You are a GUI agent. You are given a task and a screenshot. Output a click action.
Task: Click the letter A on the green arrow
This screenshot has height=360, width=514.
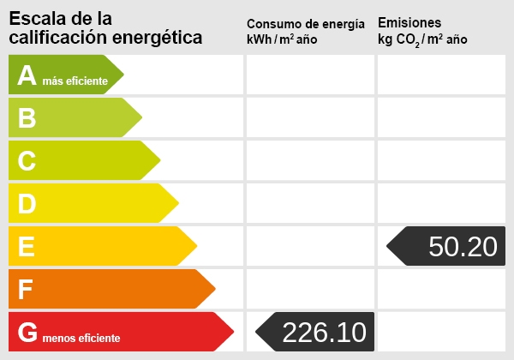(x=27, y=75)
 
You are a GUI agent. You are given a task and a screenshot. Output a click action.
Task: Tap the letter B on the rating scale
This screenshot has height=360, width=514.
(x=27, y=118)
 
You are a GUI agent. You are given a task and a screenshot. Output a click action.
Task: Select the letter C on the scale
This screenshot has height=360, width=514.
(x=27, y=161)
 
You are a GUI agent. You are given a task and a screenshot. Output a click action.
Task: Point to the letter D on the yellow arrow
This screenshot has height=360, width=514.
(x=27, y=204)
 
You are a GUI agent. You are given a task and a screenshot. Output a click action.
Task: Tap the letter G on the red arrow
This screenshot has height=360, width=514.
(x=27, y=332)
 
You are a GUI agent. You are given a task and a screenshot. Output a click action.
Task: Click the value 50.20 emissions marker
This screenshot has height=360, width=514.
(x=463, y=247)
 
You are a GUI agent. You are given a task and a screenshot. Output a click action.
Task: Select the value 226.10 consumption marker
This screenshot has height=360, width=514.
(x=324, y=332)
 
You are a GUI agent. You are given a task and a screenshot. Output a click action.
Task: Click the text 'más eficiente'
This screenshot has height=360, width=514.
(x=75, y=81)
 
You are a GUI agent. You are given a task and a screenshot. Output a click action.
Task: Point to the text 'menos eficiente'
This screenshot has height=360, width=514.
(x=81, y=338)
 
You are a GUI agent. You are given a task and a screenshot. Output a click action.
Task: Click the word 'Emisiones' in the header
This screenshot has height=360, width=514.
(x=409, y=23)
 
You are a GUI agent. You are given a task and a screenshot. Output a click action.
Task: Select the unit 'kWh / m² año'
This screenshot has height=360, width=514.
(x=282, y=40)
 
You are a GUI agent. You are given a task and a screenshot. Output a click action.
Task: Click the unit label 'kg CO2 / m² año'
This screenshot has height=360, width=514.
(x=422, y=40)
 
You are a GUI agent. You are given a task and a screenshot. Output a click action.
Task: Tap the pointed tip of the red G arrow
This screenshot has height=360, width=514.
(x=232, y=332)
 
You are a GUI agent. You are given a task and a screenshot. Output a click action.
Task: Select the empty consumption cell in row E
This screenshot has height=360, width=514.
(x=310, y=247)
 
